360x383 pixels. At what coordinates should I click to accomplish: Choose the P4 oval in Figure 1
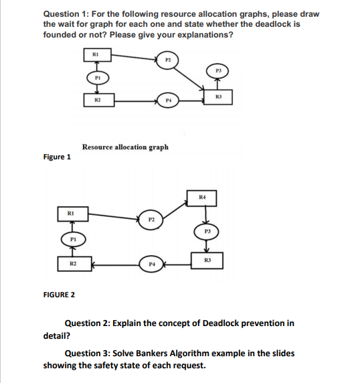(x=169, y=102)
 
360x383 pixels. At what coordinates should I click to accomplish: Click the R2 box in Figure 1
(x=98, y=102)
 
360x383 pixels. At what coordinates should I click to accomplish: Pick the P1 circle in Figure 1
(x=98, y=78)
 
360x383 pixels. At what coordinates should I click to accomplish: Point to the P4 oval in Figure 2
(x=151, y=265)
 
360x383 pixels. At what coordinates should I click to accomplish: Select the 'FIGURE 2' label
(x=59, y=295)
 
